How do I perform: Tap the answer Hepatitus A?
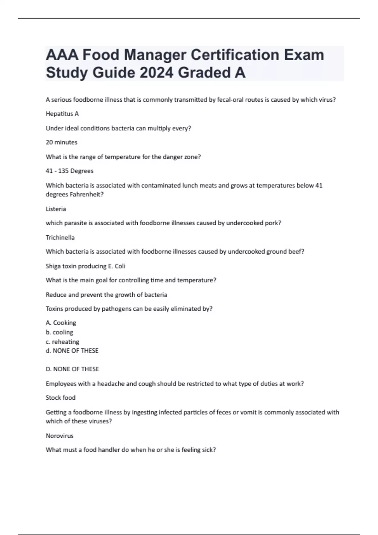(x=62, y=114)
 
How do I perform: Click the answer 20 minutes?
(x=61, y=142)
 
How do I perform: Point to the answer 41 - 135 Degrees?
(x=70, y=171)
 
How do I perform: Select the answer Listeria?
(x=56, y=209)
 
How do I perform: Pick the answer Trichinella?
(x=60, y=238)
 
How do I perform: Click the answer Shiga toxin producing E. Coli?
(x=85, y=266)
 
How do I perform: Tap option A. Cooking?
(x=61, y=323)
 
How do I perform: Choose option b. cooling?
(x=59, y=332)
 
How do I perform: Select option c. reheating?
(x=62, y=341)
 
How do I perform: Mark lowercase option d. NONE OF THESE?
(x=72, y=351)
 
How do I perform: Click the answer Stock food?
(x=60, y=398)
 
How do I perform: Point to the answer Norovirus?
(x=60, y=436)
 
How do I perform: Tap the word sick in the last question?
(x=209, y=450)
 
